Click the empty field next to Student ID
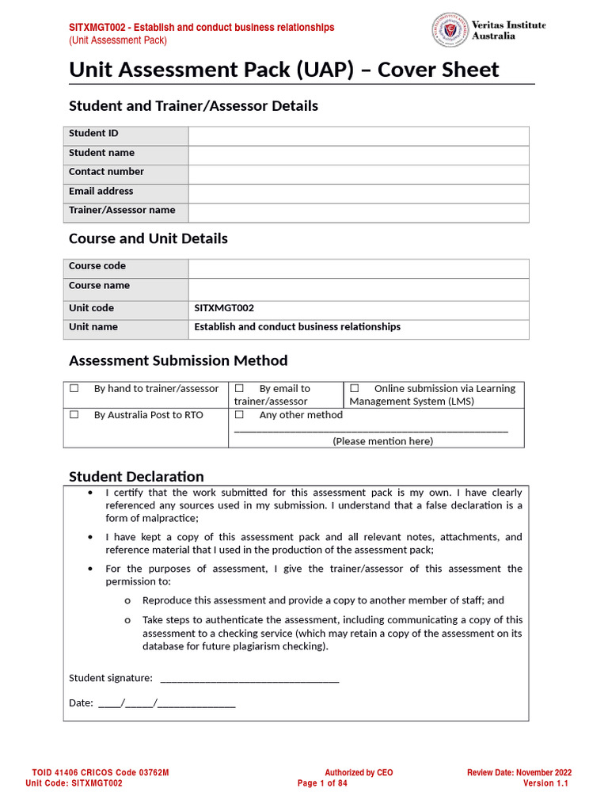(358, 135)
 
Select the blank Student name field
(358, 154)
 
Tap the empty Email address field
(358, 193)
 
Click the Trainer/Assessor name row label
(122, 210)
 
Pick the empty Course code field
(358, 268)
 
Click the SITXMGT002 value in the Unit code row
(224, 308)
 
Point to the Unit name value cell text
(297, 327)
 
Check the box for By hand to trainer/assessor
(74, 389)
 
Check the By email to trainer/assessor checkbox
(239, 389)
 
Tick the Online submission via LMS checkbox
(355, 389)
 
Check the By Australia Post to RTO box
(74, 415)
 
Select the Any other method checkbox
(239, 415)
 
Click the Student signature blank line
(249, 679)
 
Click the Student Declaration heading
(136, 476)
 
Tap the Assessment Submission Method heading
(178, 360)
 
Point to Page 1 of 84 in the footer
(322, 783)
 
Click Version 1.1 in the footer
(545, 783)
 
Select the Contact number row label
(106, 172)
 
